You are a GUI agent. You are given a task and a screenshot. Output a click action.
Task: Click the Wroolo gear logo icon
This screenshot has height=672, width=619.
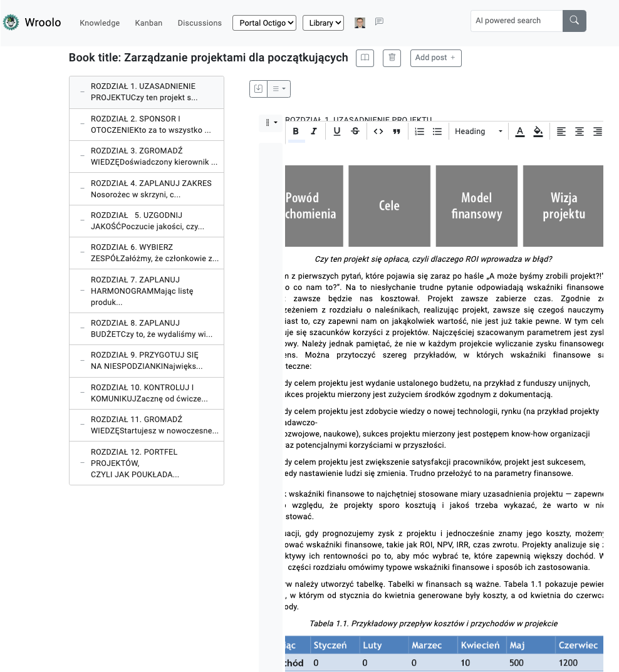[11, 23]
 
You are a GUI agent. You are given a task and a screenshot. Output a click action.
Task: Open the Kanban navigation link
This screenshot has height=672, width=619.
[148, 23]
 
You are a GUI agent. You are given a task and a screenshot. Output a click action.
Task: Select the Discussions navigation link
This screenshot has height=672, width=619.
[199, 23]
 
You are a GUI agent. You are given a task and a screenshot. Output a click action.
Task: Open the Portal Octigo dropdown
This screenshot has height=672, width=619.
[264, 23]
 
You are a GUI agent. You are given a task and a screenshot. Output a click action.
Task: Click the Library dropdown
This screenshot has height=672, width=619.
[323, 23]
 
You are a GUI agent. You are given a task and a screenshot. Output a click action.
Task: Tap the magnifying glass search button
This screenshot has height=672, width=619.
[574, 21]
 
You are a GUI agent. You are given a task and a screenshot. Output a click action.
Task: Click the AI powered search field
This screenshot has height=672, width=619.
[516, 21]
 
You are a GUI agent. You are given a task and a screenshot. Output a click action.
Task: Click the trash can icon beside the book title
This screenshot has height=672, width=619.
[392, 58]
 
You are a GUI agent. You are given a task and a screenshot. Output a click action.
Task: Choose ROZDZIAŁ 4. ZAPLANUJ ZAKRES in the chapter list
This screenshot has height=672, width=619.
[150, 189]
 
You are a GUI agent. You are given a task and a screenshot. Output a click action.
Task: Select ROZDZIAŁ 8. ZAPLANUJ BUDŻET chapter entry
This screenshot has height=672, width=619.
[150, 329]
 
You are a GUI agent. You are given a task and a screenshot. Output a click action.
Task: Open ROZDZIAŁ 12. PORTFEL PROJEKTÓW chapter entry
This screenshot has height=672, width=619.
[150, 463]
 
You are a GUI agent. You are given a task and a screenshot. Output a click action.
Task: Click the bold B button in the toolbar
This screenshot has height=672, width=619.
[296, 132]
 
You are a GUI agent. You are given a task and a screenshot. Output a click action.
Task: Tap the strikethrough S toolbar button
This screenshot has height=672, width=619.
[355, 132]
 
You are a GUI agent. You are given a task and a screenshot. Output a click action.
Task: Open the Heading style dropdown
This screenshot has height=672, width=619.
[479, 132]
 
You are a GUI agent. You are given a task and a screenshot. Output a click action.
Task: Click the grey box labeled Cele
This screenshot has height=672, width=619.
[389, 205]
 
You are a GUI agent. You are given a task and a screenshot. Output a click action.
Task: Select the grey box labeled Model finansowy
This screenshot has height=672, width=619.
[476, 205]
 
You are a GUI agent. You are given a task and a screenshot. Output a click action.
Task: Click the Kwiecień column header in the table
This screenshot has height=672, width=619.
[480, 645]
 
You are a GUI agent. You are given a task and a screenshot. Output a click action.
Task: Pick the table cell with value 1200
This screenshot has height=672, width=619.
[569, 663]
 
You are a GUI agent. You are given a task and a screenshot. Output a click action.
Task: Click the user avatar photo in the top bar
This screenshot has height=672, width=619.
[360, 23]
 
